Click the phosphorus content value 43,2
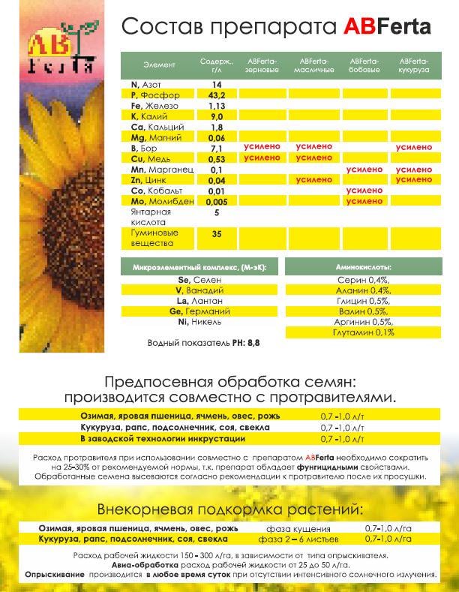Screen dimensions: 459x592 pos(217,95)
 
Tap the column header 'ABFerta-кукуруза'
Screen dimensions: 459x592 pos(414,64)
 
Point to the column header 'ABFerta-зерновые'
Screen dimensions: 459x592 pos(262,64)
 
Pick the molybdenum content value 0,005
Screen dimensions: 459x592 pos(217,202)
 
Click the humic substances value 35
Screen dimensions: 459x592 pos(217,234)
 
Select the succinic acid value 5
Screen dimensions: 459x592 pos(217,212)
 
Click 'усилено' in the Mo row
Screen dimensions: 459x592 pos(364,202)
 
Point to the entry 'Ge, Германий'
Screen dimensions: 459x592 pos(199,311)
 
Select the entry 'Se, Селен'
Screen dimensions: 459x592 pos(199,279)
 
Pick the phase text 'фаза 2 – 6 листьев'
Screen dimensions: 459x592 pos(298,539)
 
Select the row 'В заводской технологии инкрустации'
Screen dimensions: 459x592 pos(163,438)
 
